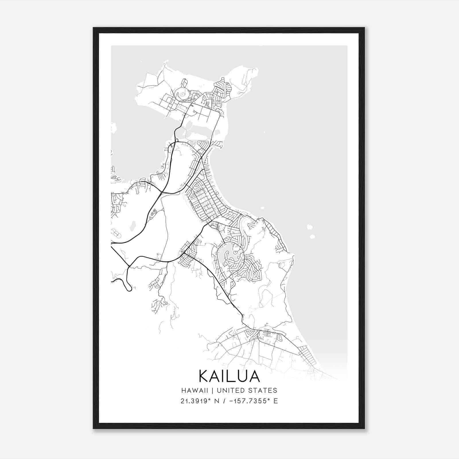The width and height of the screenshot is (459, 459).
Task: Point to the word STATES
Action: (x=265, y=390)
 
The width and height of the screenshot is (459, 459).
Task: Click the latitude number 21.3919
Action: (x=194, y=401)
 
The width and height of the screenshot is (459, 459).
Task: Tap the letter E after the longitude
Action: (x=276, y=401)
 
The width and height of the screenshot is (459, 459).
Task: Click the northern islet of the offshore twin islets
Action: (x=310, y=227)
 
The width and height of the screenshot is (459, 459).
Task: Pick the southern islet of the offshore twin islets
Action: (x=312, y=237)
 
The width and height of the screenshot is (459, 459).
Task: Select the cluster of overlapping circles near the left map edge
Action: (x=115, y=233)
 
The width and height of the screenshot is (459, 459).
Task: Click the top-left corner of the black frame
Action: (x=94, y=28)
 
